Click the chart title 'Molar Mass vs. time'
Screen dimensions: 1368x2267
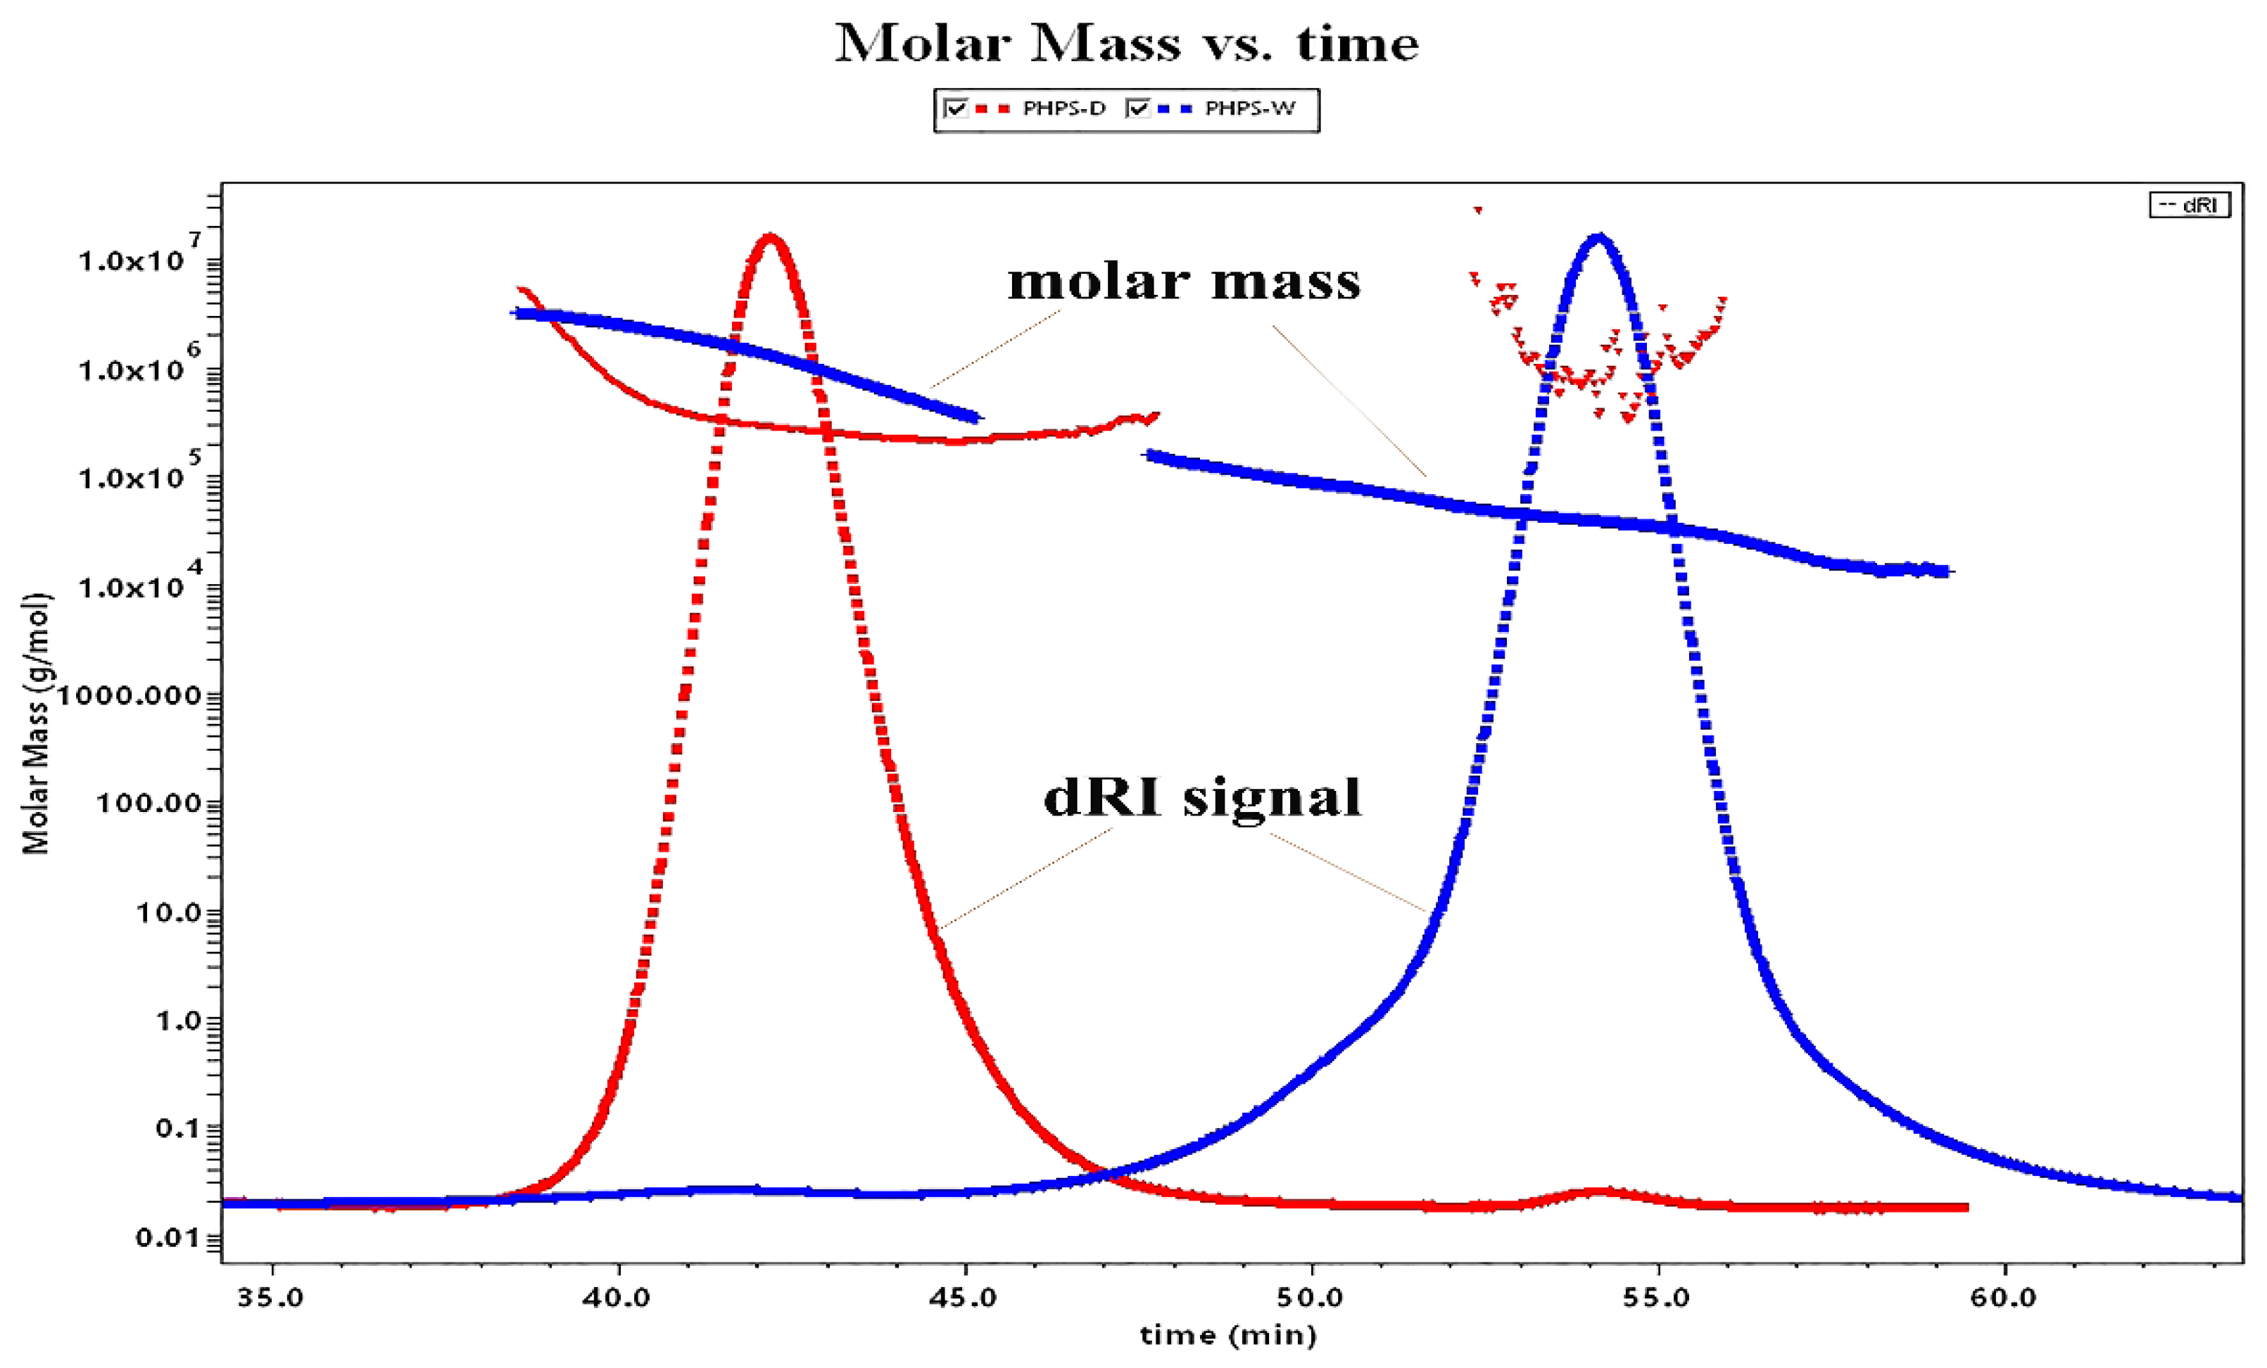coord(1126,43)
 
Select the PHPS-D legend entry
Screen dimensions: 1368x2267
coord(1063,108)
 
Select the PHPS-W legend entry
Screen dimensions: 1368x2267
coord(1249,108)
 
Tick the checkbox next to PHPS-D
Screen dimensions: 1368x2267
coord(956,108)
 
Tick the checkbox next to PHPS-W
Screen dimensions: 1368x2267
coord(1139,108)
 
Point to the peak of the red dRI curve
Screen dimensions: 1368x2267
coord(770,239)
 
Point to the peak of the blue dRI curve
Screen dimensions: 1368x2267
coord(1598,239)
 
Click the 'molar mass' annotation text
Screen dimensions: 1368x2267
coord(1184,281)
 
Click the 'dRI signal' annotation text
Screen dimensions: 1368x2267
coord(1201,797)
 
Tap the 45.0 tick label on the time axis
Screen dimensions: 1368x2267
coord(965,1298)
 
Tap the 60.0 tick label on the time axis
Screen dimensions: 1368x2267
coord(2004,1298)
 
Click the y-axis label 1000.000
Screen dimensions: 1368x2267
coord(129,695)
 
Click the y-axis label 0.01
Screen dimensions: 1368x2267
coord(165,1239)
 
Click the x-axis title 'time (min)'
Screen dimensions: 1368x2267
coord(1228,1335)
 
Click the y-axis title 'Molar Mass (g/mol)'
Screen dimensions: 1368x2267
coord(36,723)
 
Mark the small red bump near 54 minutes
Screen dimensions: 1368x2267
coord(1602,1191)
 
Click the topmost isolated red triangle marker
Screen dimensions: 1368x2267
coord(1477,210)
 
